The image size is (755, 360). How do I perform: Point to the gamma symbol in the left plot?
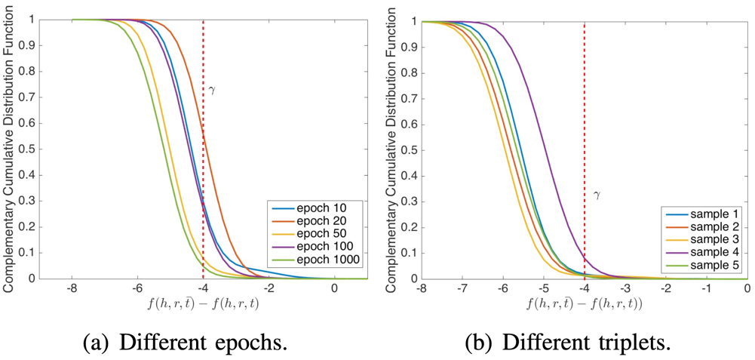pos(212,90)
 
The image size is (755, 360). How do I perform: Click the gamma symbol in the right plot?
pos(597,195)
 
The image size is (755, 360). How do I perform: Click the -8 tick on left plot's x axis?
pos(72,289)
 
